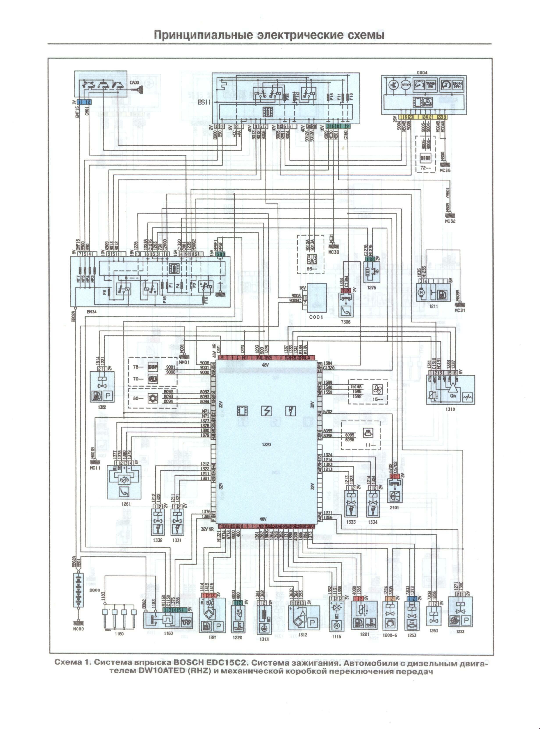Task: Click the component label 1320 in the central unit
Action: (266, 445)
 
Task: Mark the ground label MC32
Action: (450, 221)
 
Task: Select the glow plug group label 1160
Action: (119, 634)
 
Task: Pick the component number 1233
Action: (460, 632)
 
